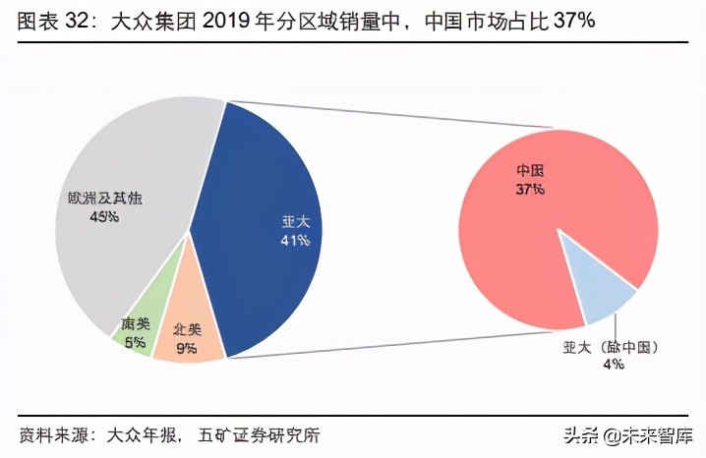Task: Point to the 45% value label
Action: (101, 216)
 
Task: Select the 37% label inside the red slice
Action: (531, 189)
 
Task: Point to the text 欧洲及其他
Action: (100, 199)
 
